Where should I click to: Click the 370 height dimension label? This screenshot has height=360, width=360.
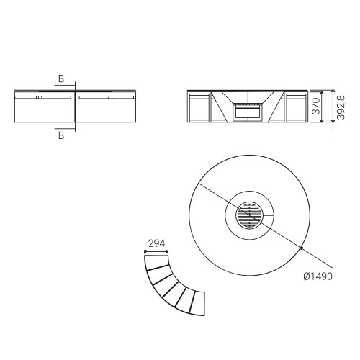pos(317,106)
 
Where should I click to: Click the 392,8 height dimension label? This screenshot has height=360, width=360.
pos(341,107)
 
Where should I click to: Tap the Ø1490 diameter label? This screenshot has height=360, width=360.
pos(318,276)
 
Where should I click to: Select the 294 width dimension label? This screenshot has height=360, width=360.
pos(157,243)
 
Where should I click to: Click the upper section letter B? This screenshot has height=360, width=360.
pos(61,78)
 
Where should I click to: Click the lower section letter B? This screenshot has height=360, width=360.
pos(61,135)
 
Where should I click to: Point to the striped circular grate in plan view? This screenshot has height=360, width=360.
pos(250,215)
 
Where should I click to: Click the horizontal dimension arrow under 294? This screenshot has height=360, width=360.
pos(156,252)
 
